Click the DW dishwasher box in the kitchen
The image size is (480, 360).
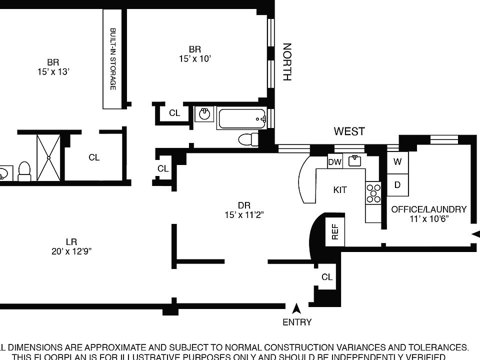(334, 161)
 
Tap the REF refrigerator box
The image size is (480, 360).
(335, 231)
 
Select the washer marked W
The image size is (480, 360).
(397, 162)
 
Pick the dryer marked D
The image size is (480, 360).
(397, 185)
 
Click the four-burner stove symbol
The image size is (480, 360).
(373, 193)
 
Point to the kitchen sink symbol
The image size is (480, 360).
(355, 160)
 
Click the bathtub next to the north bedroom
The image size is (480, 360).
(242, 118)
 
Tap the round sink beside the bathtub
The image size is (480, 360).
(204, 114)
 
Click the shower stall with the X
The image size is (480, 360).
(48, 157)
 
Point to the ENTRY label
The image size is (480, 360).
(297, 322)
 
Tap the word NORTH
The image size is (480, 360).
(287, 62)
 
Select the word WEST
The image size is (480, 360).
(349, 131)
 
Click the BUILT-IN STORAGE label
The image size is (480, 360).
(113, 58)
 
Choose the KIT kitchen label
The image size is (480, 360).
(340, 190)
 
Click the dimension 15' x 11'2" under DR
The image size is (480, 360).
(244, 215)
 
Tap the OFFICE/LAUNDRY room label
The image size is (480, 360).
(428, 209)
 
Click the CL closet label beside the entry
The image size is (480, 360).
(327, 277)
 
